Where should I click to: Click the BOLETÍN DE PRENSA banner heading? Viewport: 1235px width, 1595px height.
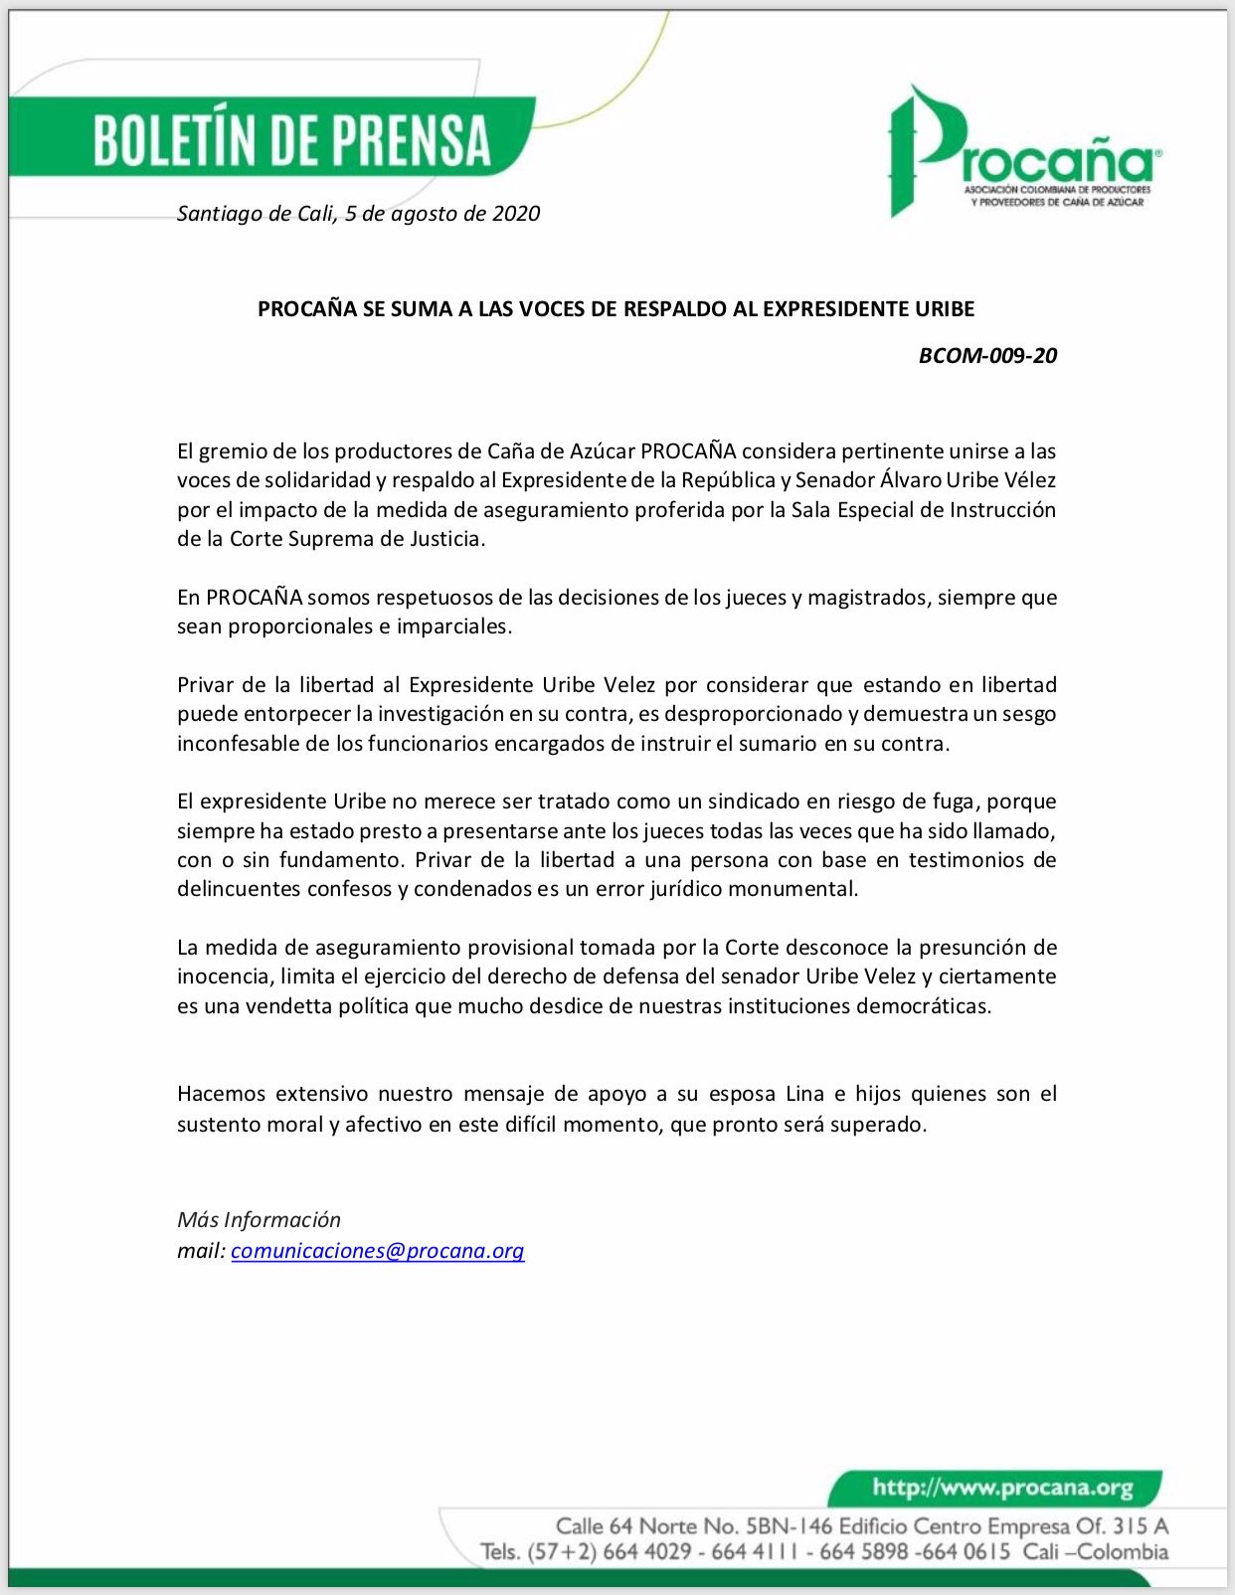pyautogui.click(x=292, y=139)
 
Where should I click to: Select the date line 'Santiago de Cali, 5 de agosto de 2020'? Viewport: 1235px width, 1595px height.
pyautogui.click(x=358, y=213)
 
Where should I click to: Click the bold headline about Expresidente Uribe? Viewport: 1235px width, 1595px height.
pyautogui.click(x=616, y=308)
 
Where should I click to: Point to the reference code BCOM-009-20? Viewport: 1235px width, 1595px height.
pyautogui.click(x=987, y=355)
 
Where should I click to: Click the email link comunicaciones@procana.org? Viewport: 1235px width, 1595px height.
pyautogui.click(x=377, y=1250)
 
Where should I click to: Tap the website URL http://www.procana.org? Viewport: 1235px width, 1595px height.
pyautogui.click(x=1002, y=1488)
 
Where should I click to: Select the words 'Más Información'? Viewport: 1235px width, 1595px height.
pyautogui.click(x=259, y=1219)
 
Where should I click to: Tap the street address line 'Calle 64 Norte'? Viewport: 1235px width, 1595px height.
pyautogui.click(x=861, y=1525)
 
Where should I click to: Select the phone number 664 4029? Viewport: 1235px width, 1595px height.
pyautogui.click(x=646, y=1551)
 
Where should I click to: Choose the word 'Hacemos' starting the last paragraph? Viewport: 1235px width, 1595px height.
pyautogui.click(x=221, y=1094)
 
